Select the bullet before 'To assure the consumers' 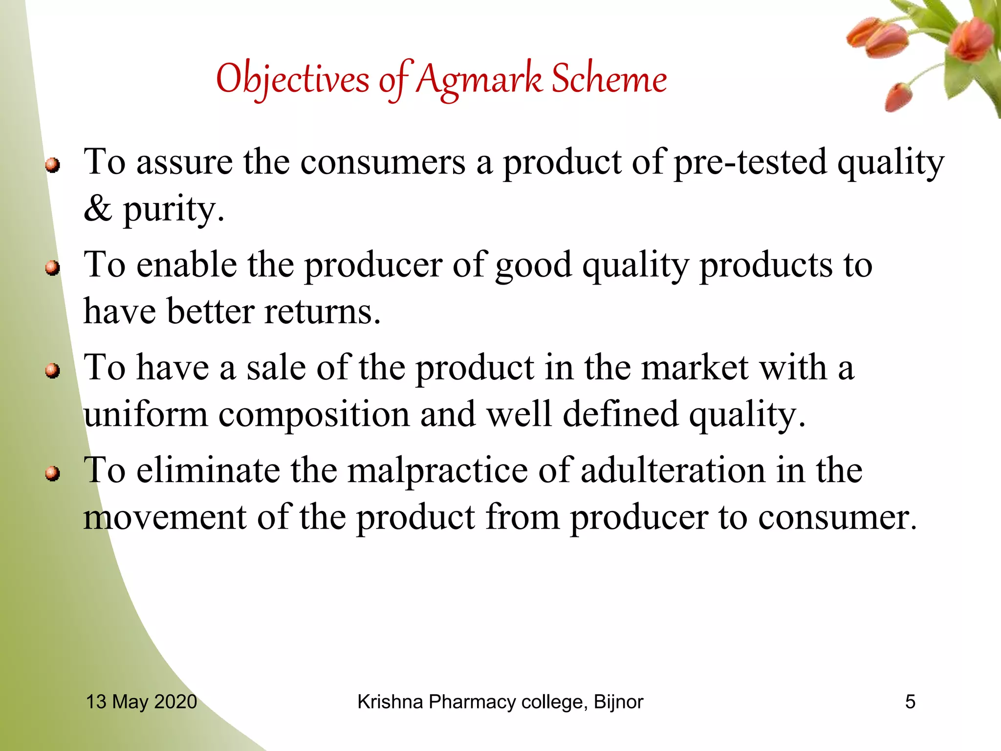point(53,165)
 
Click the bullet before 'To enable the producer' point(53,268)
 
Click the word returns point(322,311)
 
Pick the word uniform point(145,414)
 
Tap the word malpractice point(437,471)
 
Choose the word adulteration point(673,470)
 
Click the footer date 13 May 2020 point(141,702)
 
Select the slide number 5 point(910,702)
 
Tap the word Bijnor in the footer point(618,702)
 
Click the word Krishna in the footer point(390,702)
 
